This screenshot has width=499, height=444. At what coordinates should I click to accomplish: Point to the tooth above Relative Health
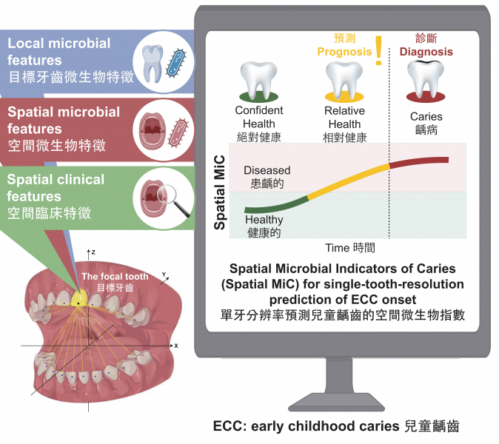pos(346,78)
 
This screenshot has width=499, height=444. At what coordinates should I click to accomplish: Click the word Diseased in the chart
pos(267,170)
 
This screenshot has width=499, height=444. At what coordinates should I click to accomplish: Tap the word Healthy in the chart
pos(264,220)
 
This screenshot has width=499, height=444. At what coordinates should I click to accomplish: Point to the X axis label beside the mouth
pos(175,345)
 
